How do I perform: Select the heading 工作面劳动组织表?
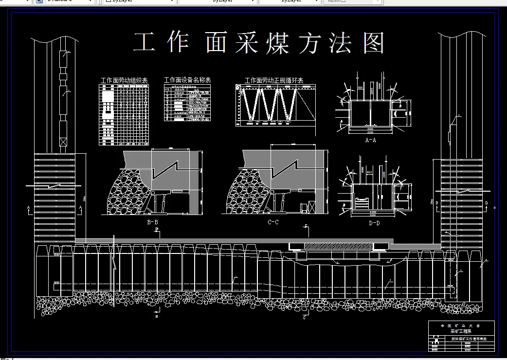[x=124, y=80]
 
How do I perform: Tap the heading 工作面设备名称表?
[x=187, y=80]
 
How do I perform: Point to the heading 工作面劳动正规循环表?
[x=274, y=80]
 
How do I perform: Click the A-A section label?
[x=371, y=140]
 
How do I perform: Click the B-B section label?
[x=152, y=222]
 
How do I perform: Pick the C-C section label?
[x=273, y=222]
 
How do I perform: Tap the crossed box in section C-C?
[x=305, y=208]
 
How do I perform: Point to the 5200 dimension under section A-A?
[x=371, y=132]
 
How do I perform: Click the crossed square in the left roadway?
[x=63, y=142]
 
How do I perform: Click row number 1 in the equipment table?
[x=167, y=92]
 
